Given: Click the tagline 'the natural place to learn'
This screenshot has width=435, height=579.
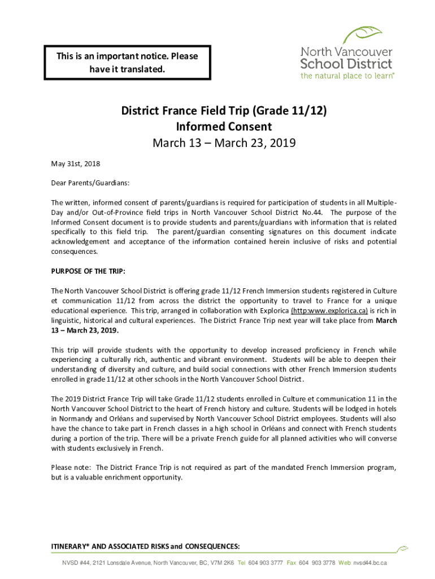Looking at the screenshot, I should point(347,75).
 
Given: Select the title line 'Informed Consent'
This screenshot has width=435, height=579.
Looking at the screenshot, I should point(224,127).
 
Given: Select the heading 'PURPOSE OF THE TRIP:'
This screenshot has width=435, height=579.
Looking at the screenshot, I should point(88,270).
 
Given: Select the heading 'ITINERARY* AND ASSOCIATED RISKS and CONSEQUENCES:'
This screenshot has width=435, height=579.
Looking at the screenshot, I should point(145,546).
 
